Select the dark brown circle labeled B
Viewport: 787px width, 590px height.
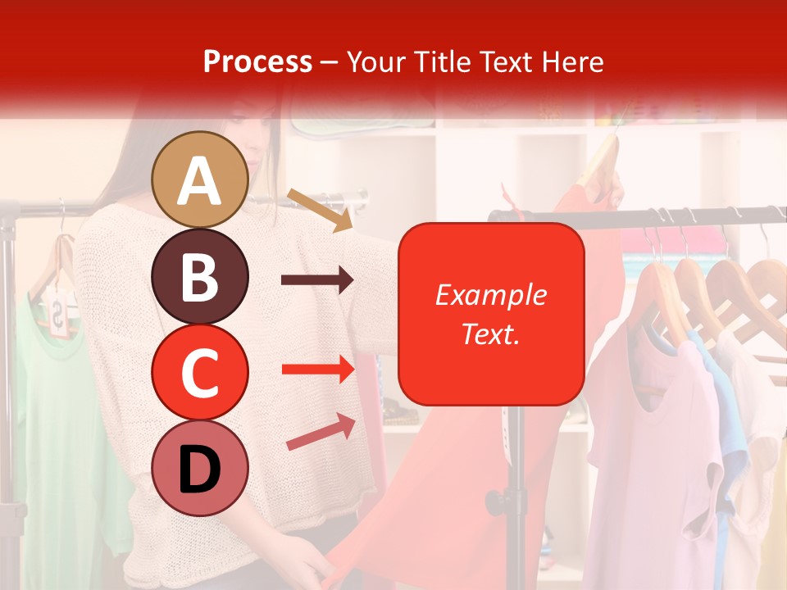click(x=200, y=276)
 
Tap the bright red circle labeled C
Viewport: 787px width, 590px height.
click(x=200, y=371)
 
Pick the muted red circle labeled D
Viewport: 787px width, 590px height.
click(x=200, y=468)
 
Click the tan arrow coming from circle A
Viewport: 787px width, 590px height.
click(x=320, y=209)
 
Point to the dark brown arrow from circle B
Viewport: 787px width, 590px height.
click(x=317, y=280)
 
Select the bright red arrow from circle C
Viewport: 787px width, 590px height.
click(x=318, y=369)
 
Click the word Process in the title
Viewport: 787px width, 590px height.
click(x=257, y=61)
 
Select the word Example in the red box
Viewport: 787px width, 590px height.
click(x=490, y=295)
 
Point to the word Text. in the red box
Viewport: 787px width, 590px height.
click(x=490, y=334)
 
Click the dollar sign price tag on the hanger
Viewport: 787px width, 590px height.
click(x=59, y=315)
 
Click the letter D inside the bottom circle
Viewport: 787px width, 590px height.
click(x=200, y=470)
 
